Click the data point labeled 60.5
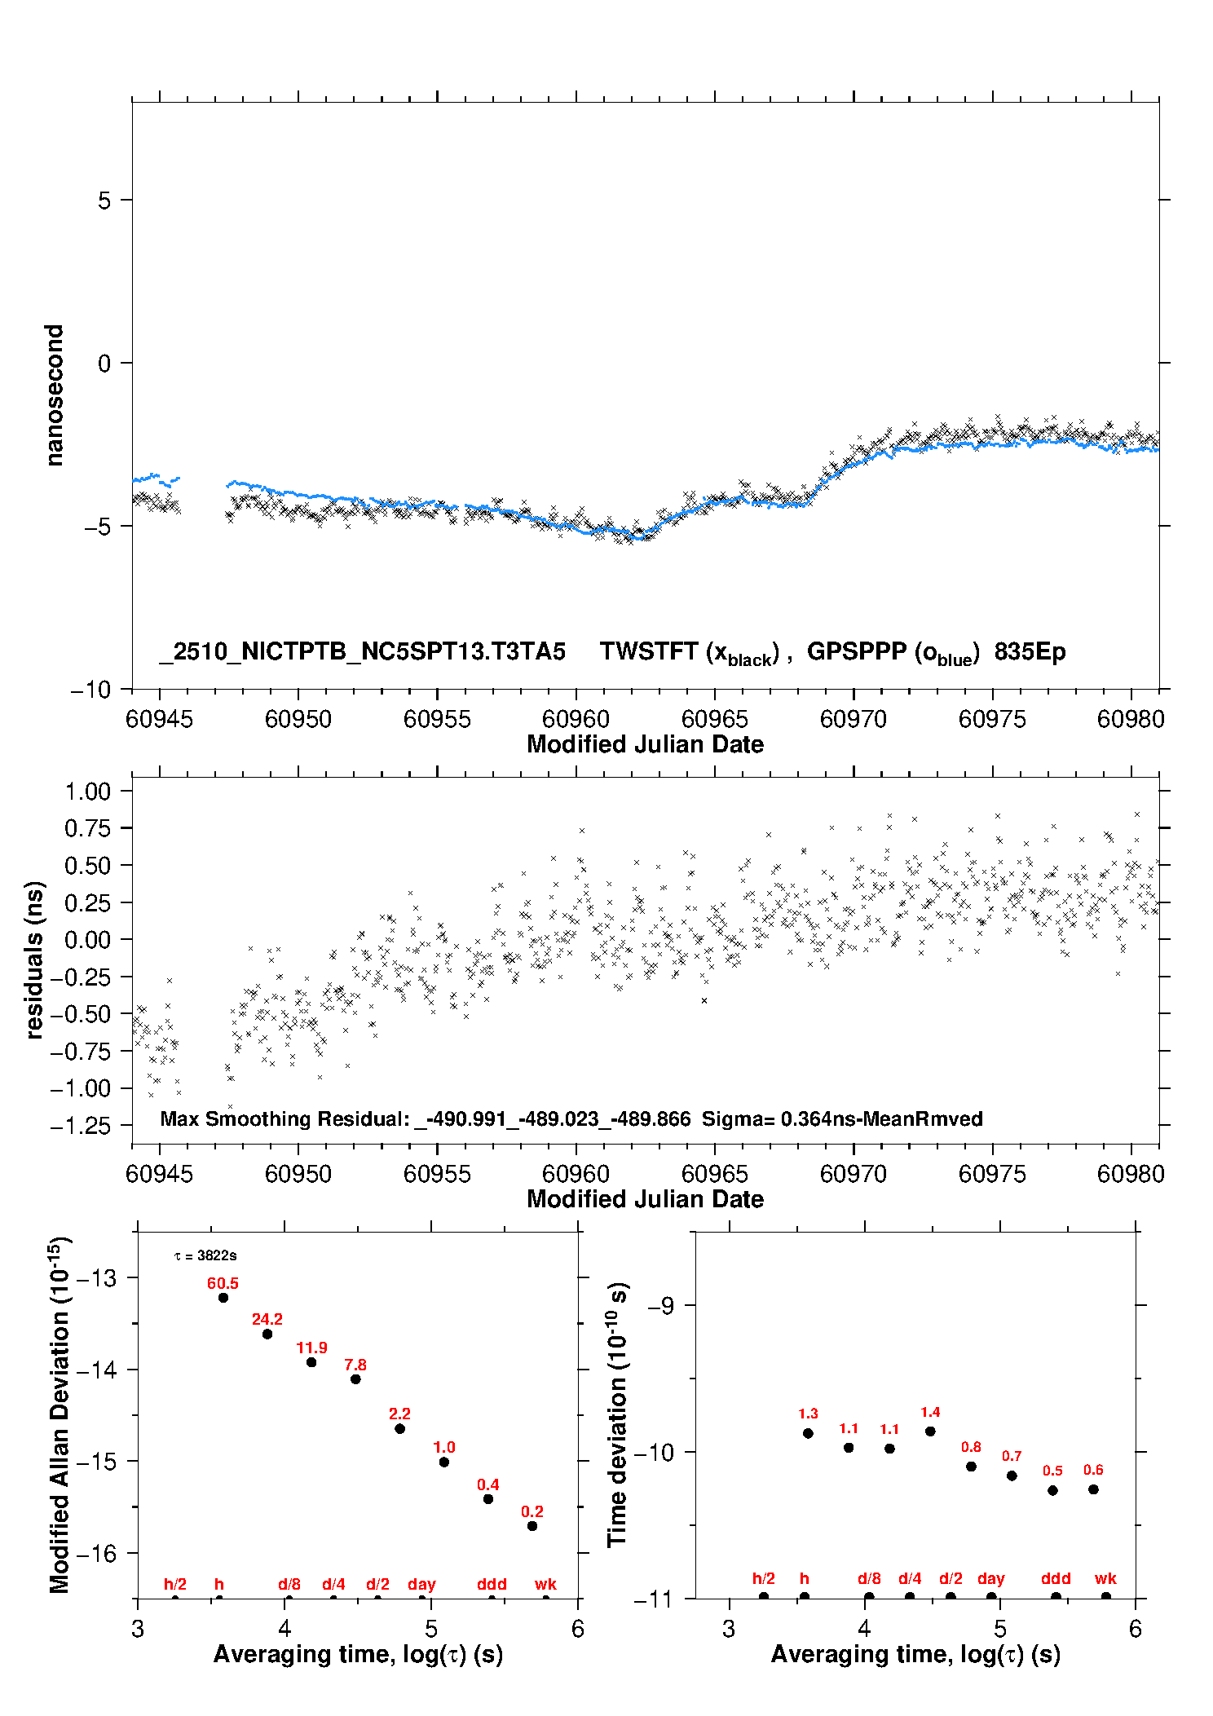tap(223, 1297)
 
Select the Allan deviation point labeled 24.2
tap(267, 1334)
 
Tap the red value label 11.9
tap(311, 1348)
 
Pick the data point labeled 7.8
tap(355, 1379)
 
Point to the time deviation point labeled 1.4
tap(930, 1431)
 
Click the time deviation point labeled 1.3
tap(808, 1433)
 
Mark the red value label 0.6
tap(1093, 1470)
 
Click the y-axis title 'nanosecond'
tap(55, 395)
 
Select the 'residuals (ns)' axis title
tap(33, 959)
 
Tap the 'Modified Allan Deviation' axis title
tap(59, 1414)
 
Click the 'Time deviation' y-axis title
tap(617, 1414)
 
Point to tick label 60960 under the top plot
tap(576, 719)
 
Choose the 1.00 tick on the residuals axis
tap(87, 792)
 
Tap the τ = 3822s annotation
tap(205, 1255)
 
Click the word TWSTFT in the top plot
tap(649, 651)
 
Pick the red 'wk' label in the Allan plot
tap(545, 1584)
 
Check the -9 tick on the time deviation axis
tap(661, 1305)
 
